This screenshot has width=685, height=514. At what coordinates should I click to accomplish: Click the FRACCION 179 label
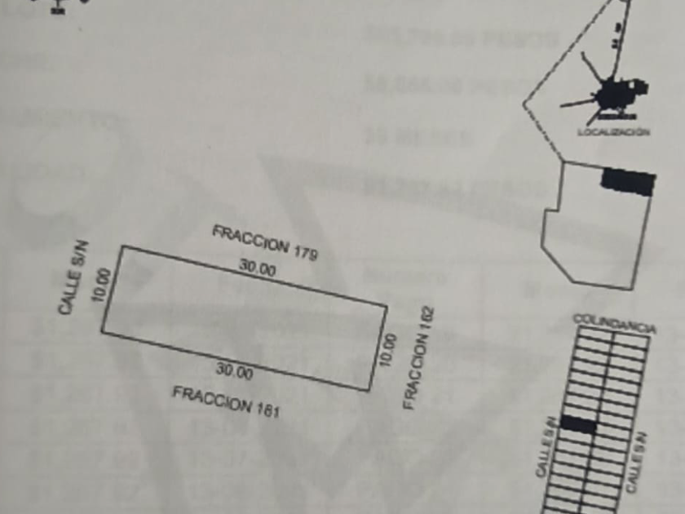point(264,242)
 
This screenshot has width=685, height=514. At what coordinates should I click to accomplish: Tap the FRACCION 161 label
point(225,401)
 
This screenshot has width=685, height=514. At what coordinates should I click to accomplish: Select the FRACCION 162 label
point(418,358)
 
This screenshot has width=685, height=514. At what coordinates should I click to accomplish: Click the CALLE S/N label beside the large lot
point(73,277)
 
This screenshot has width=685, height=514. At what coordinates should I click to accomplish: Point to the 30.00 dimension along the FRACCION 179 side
point(257,268)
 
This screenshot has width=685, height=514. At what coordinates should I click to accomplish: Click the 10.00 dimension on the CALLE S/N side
point(101,285)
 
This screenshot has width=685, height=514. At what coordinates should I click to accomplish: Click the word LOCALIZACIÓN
point(613,131)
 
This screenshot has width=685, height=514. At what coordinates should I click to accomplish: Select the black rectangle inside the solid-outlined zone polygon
point(628,181)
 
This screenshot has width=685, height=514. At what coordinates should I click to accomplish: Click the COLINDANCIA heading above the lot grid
point(614,322)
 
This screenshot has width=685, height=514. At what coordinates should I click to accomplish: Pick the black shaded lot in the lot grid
point(578,424)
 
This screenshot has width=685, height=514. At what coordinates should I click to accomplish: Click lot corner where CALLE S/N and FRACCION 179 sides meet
point(122,246)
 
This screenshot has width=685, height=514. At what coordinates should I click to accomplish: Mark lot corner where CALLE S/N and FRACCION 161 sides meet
point(102,331)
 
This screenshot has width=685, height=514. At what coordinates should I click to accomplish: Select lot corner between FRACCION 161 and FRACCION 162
point(369,390)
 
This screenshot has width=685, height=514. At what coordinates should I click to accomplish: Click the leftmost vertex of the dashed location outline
point(524,104)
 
